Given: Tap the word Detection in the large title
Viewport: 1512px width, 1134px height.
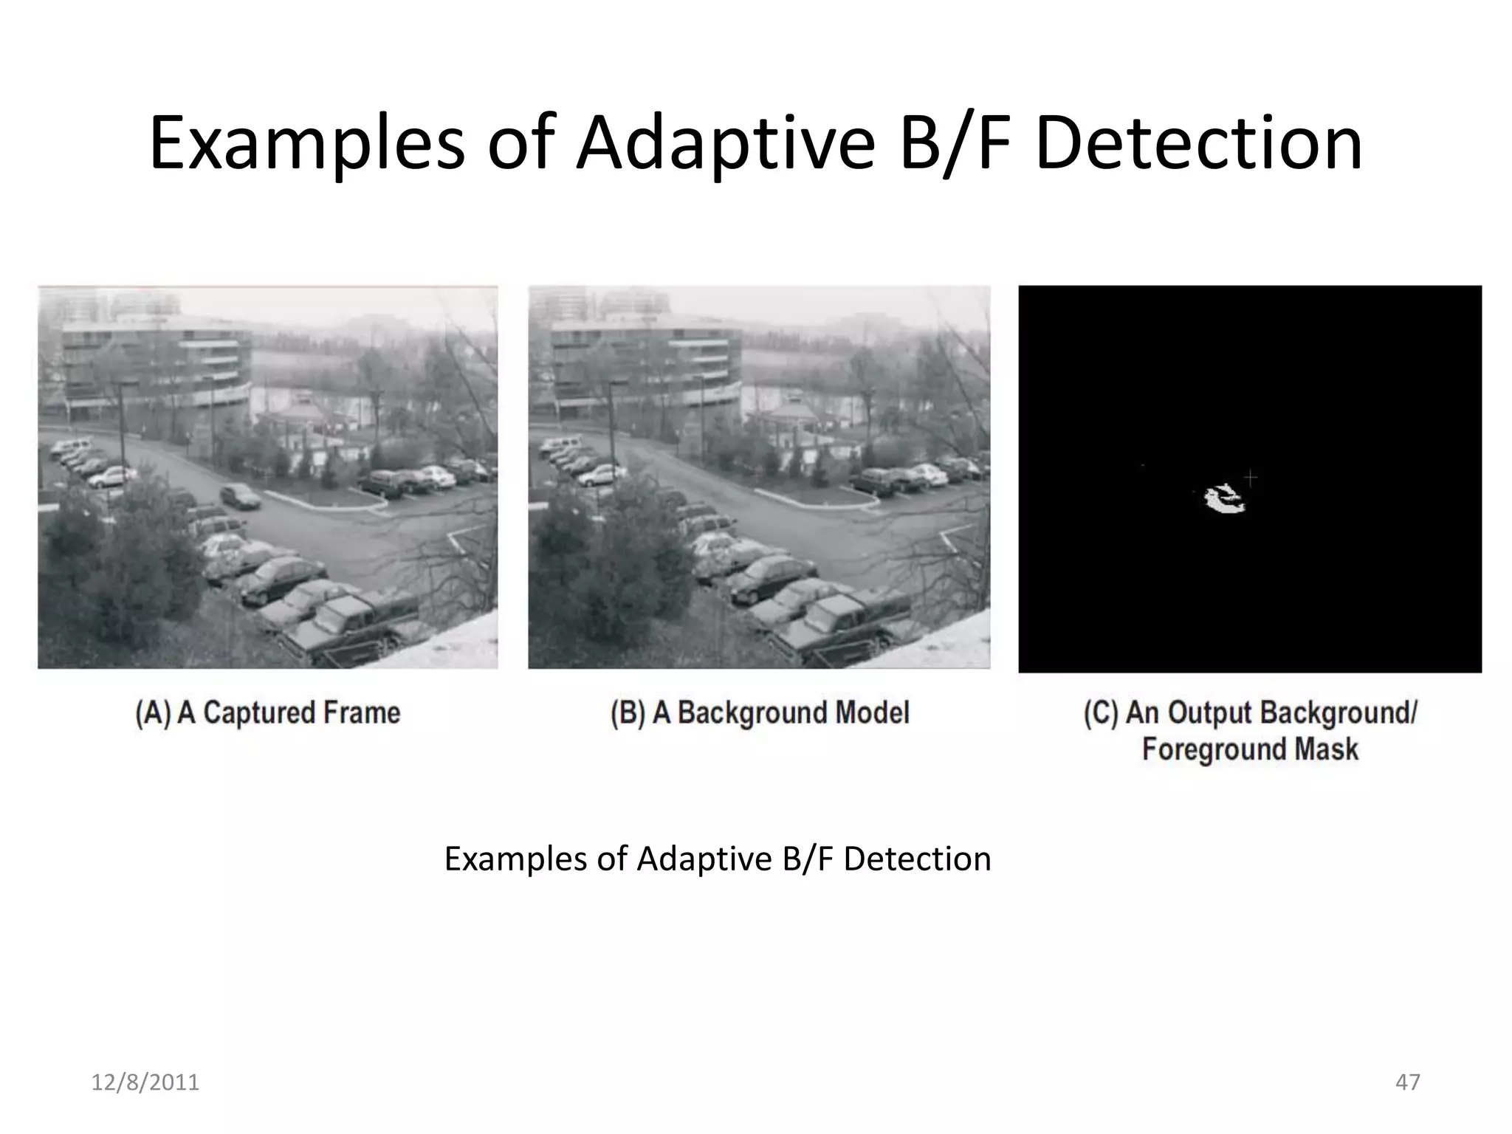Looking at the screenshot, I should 1197,143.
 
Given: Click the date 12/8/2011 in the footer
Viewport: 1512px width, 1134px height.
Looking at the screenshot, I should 145,1082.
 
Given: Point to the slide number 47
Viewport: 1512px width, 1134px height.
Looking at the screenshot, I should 1407,1082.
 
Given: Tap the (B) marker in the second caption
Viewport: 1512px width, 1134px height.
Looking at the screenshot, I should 628,713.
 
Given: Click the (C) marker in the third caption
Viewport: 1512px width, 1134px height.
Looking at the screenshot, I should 1102,713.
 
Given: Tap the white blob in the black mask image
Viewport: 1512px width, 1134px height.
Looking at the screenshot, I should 1223,500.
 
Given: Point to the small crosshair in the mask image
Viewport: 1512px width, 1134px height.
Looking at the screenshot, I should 1250,478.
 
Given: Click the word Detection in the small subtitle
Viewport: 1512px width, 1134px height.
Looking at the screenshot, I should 917,859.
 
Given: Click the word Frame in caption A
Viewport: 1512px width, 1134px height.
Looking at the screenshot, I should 365,713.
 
